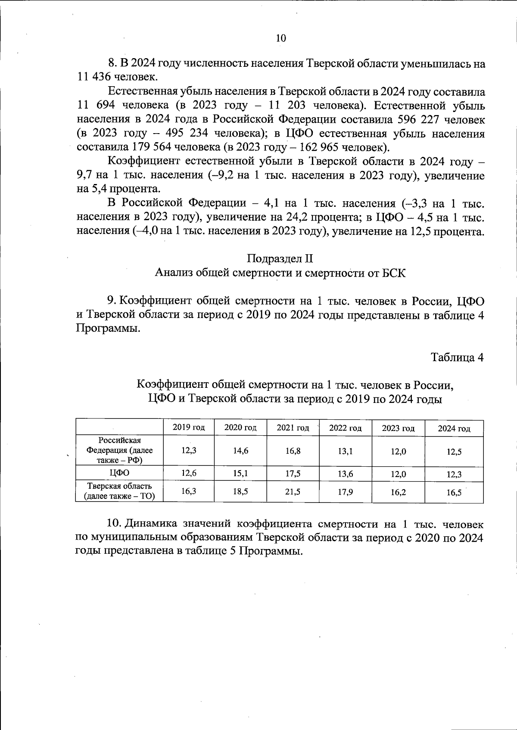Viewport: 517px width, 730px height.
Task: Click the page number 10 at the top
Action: [x=280, y=38]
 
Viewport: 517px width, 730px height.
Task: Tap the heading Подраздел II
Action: [x=280, y=259]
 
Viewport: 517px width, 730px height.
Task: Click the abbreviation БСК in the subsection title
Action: [x=393, y=273]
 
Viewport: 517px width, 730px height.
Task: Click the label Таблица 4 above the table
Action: [x=458, y=357]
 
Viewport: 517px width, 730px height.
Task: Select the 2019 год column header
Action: [x=189, y=427]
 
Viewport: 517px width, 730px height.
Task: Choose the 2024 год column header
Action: [x=454, y=428]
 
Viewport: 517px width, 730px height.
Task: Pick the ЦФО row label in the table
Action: [x=119, y=473]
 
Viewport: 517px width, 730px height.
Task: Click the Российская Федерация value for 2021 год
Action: [x=293, y=451]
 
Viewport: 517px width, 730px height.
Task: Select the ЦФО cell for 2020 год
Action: [x=240, y=473]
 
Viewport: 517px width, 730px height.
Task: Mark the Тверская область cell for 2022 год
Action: [x=346, y=492]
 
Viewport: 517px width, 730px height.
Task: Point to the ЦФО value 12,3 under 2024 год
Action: [x=454, y=474]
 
